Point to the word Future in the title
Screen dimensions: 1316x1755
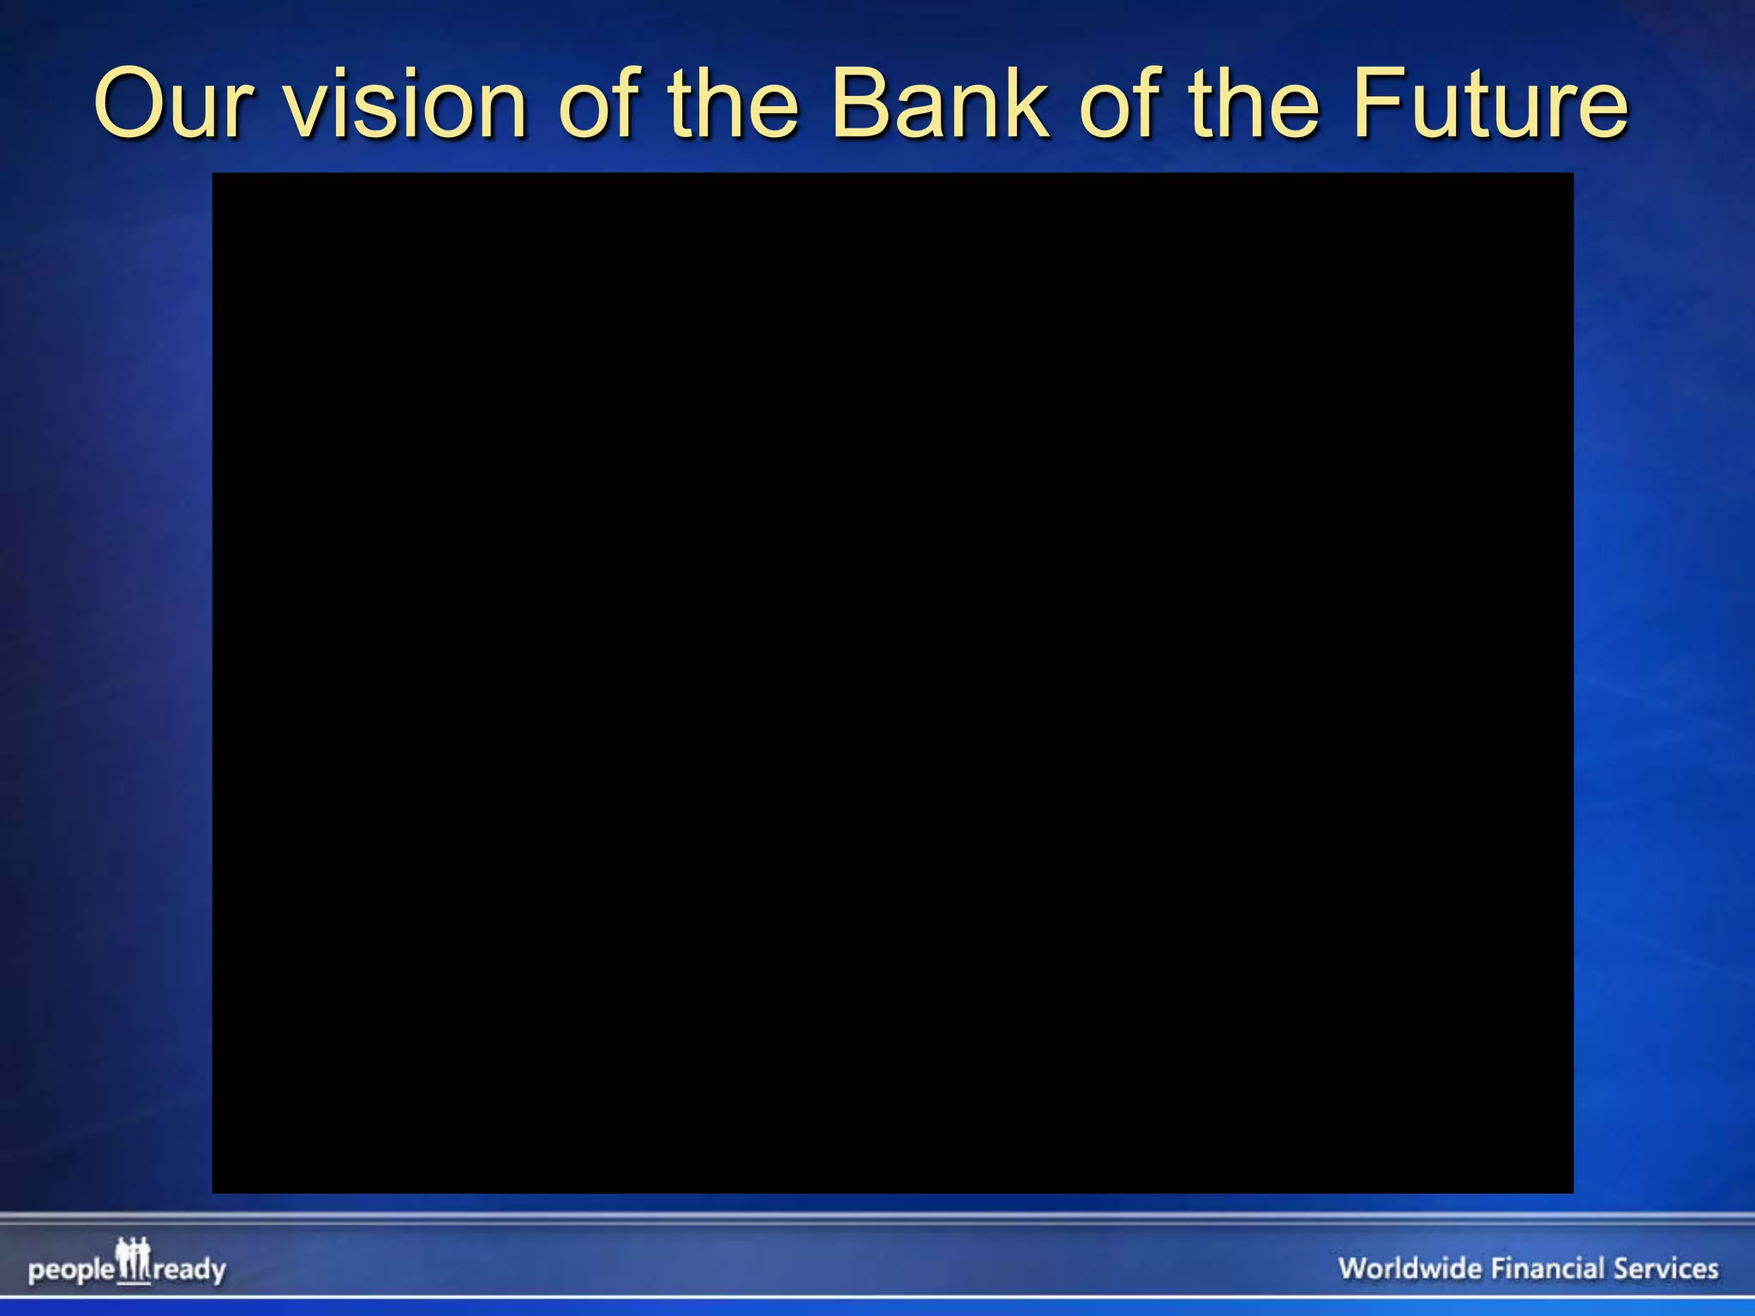1490,105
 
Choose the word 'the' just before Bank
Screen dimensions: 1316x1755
734,105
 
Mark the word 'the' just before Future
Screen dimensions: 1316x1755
1255,105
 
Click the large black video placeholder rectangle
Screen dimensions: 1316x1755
892,682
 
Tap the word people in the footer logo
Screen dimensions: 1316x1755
70,1270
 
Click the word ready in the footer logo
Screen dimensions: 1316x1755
189,1270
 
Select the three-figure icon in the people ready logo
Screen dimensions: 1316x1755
133,1260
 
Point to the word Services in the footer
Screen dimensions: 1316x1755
1666,1268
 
